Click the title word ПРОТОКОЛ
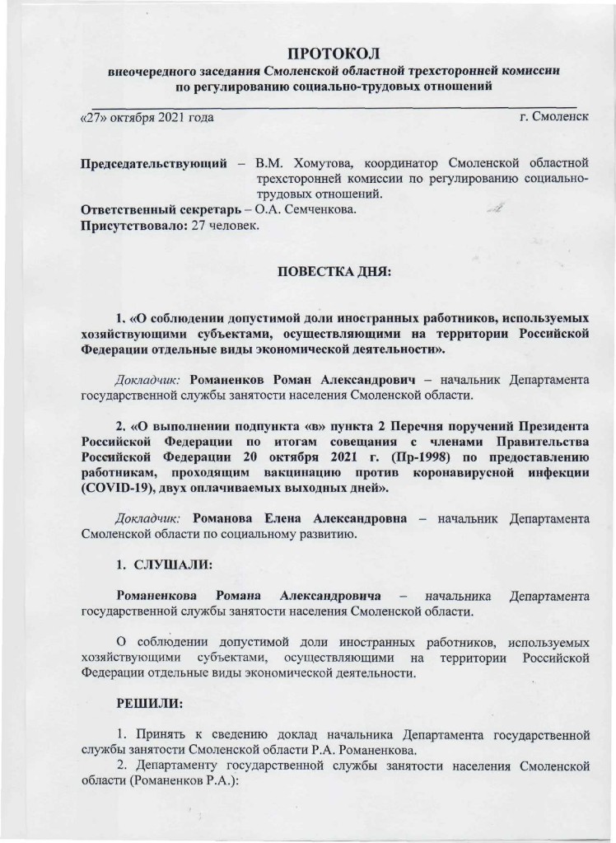[335, 54]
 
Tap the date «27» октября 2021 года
[146, 118]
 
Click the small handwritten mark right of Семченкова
[497, 208]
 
